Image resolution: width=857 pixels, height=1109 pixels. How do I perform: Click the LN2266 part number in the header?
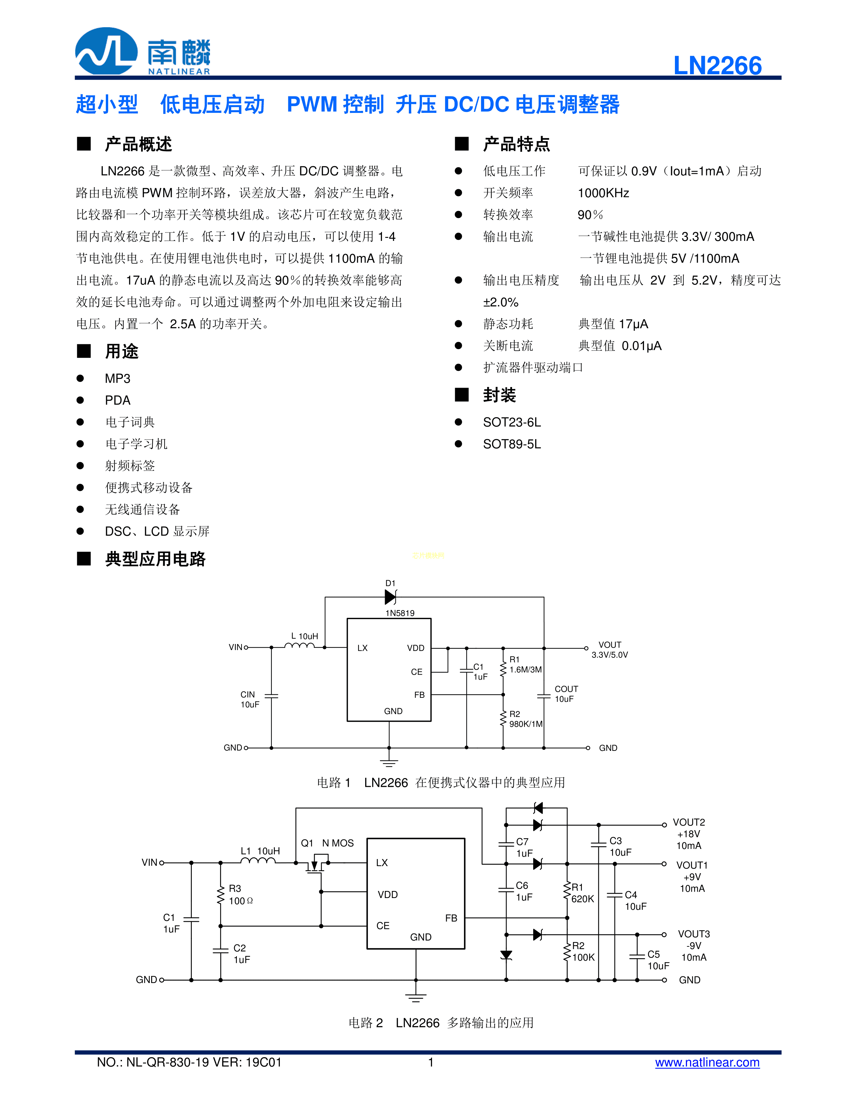click(717, 66)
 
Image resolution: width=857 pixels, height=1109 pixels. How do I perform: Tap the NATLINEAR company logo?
click(143, 51)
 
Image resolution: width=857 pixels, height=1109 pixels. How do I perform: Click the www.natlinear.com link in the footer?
click(707, 1062)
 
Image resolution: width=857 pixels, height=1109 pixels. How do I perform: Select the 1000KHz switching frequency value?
click(603, 193)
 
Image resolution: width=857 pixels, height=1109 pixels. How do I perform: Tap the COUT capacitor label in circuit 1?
click(566, 694)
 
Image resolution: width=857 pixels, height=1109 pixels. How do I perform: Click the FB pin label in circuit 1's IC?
click(419, 695)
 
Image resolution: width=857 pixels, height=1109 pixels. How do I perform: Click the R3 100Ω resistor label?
click(241, 895)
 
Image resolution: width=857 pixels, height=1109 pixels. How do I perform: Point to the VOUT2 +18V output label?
click(689, 834)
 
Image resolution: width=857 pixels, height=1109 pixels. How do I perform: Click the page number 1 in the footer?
click(431, 1062)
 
